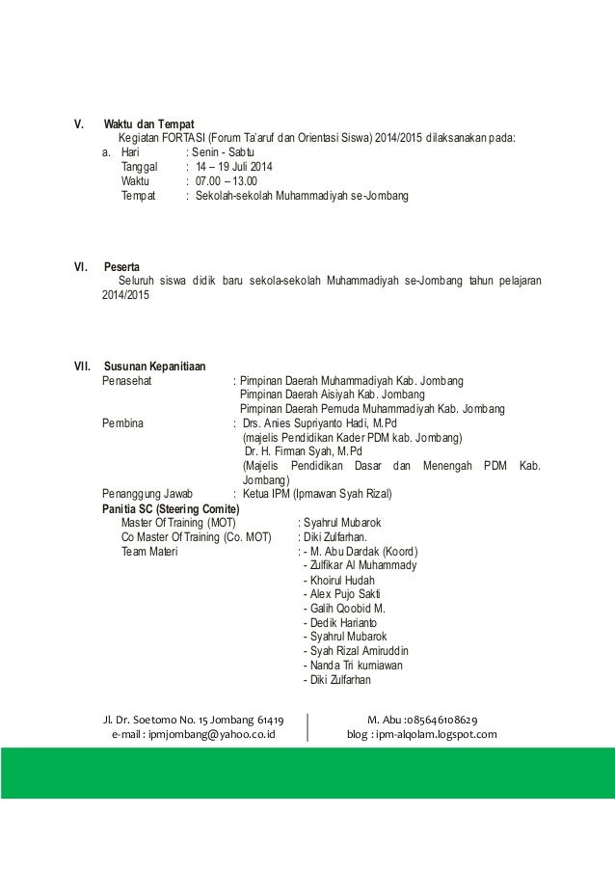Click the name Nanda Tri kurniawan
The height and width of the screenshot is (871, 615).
point(354,666)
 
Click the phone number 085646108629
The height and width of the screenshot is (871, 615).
point(449,720)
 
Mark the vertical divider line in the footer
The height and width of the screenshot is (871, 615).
point(307,726)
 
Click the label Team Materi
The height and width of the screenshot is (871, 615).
point(147,552)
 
